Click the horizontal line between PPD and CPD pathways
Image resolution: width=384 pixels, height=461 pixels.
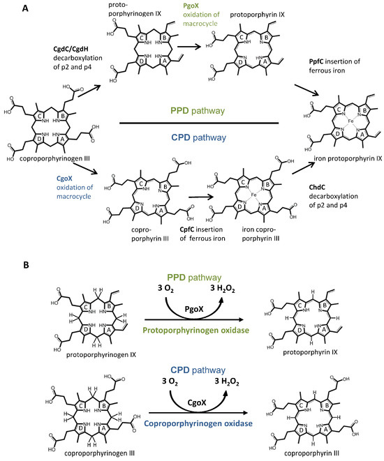200,125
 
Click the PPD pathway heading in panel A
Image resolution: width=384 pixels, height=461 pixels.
200,111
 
